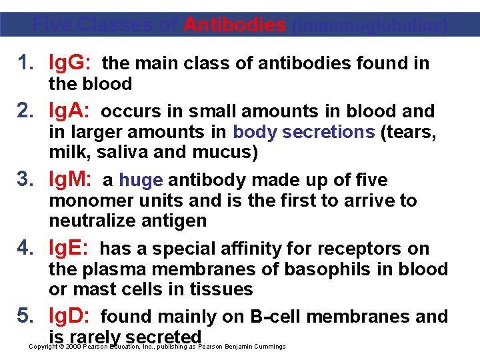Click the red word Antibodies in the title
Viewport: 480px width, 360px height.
click(235, 25)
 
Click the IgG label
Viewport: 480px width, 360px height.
click(71, 63)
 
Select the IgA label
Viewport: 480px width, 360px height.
click(70, 111)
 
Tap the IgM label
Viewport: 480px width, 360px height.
click(72, 179)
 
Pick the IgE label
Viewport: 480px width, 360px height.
click(70, 248)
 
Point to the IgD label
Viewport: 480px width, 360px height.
click(71, 316)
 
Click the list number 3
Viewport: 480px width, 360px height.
click(25, 179)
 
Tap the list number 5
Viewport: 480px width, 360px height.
click(25, 316)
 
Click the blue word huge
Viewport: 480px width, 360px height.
click(141, 180)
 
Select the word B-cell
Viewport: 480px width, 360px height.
click(279, 316)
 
